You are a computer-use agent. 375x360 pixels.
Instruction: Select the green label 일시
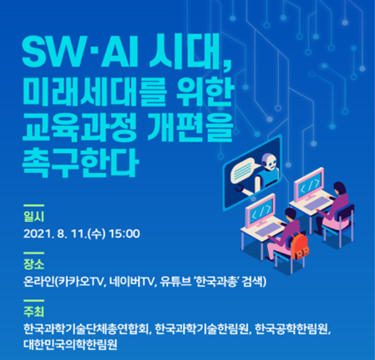pos(34,217)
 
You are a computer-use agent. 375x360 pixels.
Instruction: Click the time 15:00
pos(125,234)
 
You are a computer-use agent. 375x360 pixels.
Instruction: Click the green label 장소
pos(34,264)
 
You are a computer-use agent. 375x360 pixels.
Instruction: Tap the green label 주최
pos(34,311)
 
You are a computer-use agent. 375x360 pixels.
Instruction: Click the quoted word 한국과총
pos(217,281)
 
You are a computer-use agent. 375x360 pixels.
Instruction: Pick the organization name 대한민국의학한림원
pos(70,344)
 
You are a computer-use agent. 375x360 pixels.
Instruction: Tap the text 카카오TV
pos(81,282)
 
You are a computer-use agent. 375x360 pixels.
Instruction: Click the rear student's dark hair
pos(340,188)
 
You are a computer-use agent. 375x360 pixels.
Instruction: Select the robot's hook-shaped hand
pos(239,188)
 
